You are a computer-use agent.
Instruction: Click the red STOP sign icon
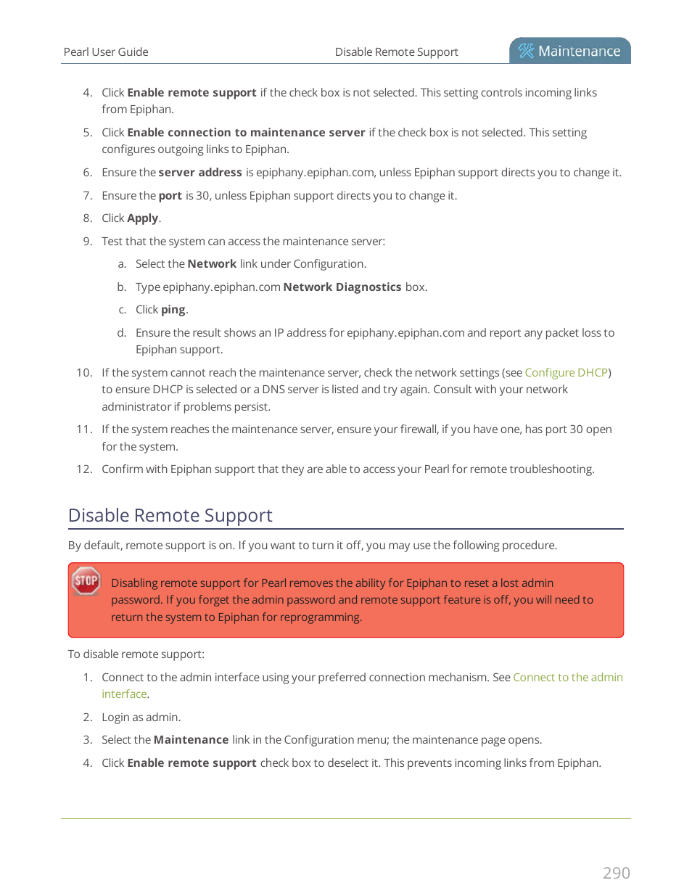86,580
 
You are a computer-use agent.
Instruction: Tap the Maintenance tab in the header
570,51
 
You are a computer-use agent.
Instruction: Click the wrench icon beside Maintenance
526,51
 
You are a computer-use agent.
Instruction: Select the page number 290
616,873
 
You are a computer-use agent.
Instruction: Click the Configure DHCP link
566,372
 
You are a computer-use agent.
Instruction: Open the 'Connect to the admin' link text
567,677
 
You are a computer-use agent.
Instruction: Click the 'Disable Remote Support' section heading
170,515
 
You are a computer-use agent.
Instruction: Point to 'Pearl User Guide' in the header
106,52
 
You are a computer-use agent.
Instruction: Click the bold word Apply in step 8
142,218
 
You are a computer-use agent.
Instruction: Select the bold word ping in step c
173,310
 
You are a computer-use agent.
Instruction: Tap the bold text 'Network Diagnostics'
342,287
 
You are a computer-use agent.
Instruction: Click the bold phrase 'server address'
200,173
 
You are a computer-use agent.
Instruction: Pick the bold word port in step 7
170,196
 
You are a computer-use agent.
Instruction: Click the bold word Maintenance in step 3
191,740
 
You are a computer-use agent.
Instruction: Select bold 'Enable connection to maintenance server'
246,133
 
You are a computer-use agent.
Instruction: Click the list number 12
84,469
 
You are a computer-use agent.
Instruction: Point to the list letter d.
121,333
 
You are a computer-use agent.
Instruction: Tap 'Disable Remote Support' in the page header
396,52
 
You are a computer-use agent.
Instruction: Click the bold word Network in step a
212,264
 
